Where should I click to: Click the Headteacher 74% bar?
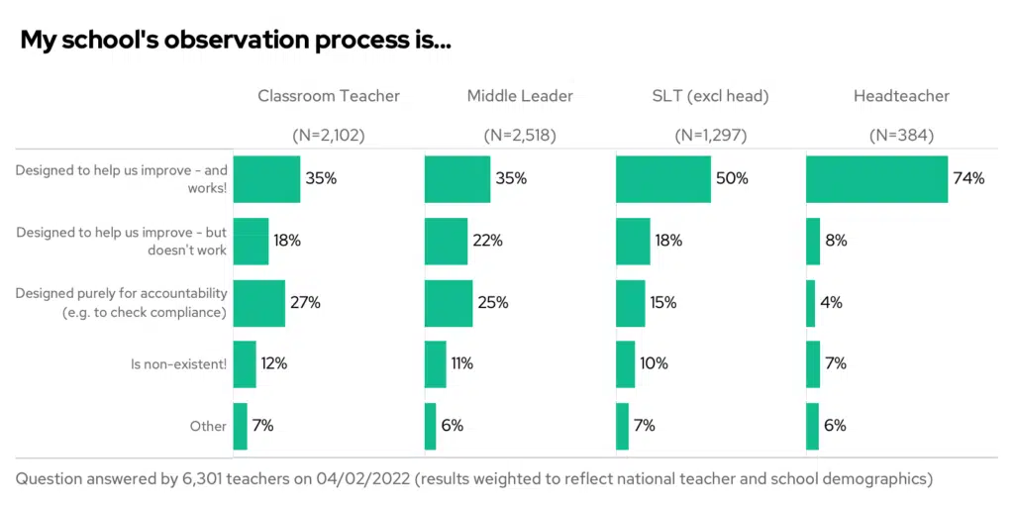(876, 179)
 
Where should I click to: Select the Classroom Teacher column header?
(329, 96)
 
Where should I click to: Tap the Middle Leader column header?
(520, 96)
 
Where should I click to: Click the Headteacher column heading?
(901, 96)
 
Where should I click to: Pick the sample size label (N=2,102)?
(329, 136)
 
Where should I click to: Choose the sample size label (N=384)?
(901, 136)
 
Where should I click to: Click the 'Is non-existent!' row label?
(179, 364)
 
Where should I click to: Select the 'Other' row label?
(208, 426)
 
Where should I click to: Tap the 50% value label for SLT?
(732, 179)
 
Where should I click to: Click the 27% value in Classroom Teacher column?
(305, 303)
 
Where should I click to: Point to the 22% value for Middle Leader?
(488, 241)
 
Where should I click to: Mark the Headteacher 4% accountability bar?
(810, 303)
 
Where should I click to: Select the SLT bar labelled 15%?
(630, 303)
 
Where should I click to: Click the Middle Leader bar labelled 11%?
(435, 364)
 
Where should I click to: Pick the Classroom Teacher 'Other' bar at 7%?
(240, 426)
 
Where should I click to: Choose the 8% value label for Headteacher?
(836, 241)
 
